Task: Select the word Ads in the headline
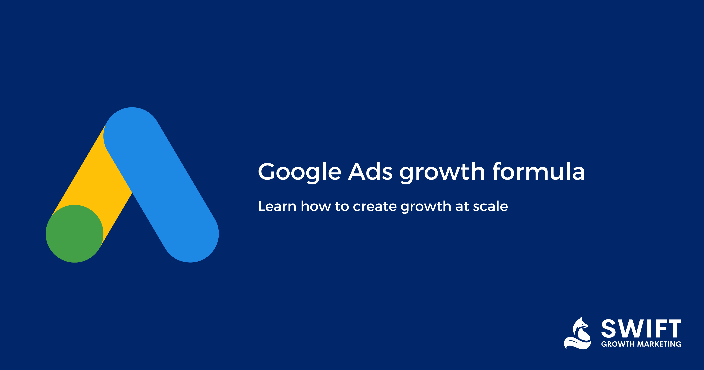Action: click(x=370, y=172)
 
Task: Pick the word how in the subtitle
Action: click(x=316, y=206)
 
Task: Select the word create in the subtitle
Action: click(x=375, y=207)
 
